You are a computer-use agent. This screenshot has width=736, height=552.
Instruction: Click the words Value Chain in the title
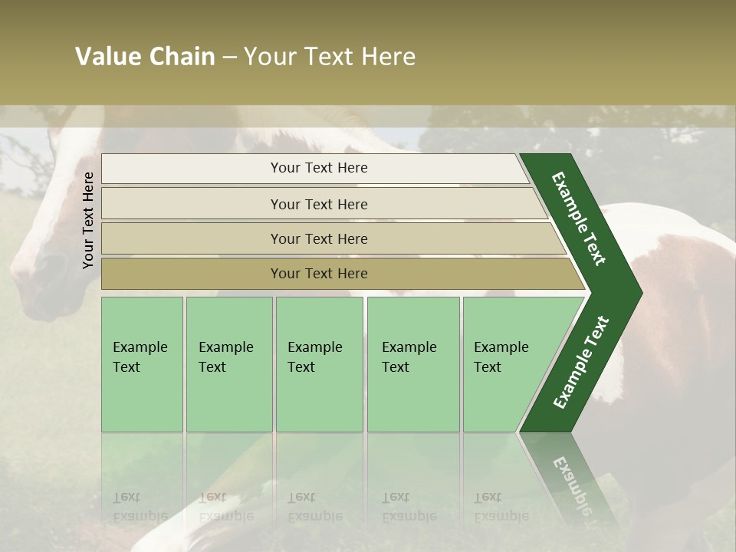pyautogui.click(x=145, y=57)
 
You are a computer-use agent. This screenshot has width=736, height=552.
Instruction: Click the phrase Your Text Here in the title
pyautogui.click(x=330, y=57)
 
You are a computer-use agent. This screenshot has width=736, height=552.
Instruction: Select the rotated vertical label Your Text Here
pyautogui.click(x=88, y=220)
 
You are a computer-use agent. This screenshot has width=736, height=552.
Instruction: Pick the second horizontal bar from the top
pyautogui.click(x=318, y=204)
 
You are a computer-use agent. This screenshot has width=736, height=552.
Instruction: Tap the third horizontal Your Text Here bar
pyautogui.click(x=318, y=238)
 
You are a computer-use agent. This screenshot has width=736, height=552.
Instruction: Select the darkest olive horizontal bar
pyautogui.click(x=318, y=274)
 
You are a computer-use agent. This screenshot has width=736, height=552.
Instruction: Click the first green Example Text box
pyautogui.click(x=142, y=364)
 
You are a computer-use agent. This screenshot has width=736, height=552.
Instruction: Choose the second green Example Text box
pyautogui.click(x=228, y=364)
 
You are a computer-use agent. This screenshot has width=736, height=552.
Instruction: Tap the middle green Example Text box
pyautogui.click(x=319, y=364)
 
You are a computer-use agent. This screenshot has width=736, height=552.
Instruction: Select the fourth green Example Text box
pyautogui.click(x=412, y=364)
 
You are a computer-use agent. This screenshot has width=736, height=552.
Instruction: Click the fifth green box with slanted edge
pyautogui.click(x=506, y=364)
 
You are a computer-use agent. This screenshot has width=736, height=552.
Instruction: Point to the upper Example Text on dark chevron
pyautogui.click(x=580, y=219)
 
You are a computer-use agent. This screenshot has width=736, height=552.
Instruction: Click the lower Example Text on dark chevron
pyautogui.click(x=580, y=363)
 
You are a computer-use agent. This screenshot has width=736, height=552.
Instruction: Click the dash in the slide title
pyautogui.click(x=229, y=58)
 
